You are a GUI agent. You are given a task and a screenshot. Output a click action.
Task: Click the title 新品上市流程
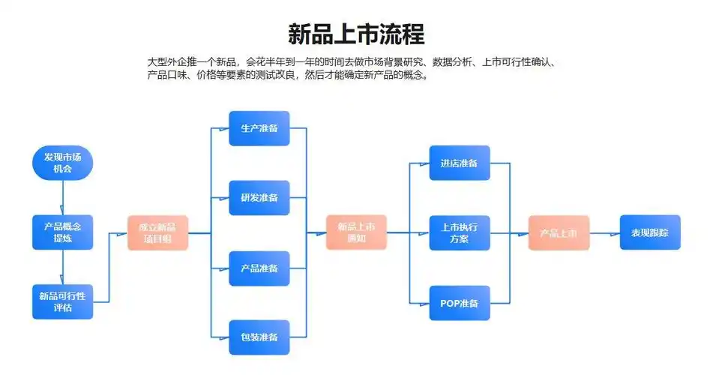(356, 34)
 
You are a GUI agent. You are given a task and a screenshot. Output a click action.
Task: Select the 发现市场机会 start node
(63, 163)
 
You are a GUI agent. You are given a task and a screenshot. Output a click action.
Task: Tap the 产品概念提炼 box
(63, 232)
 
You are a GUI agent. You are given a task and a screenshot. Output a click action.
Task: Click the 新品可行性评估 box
(63, 301)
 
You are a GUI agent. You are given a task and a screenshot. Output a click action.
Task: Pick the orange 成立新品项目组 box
(157, 232)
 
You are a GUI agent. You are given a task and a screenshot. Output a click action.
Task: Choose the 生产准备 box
(259, 128)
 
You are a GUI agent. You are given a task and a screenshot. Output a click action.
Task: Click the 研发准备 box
(259, 198)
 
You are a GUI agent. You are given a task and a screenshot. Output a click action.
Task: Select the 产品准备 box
(259, 268)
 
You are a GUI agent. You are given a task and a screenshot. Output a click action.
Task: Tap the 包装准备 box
(259, 337)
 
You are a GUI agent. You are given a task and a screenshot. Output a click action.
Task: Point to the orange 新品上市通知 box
(356, 232)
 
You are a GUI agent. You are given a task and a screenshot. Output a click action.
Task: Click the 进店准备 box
(460, 163)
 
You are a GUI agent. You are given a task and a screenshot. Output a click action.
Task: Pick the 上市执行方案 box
(460, 232)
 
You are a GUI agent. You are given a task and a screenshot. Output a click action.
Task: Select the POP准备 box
(460, 302)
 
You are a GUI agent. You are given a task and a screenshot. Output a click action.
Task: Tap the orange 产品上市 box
(559, 232)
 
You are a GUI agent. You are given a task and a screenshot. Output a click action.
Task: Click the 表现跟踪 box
(650, 232)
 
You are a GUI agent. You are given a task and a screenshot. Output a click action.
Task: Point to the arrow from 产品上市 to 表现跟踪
(605, 232)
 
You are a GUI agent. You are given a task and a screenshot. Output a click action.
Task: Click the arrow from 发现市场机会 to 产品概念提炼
(63, 197)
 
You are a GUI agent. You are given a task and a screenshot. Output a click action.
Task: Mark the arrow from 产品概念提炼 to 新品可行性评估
(63, 267)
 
